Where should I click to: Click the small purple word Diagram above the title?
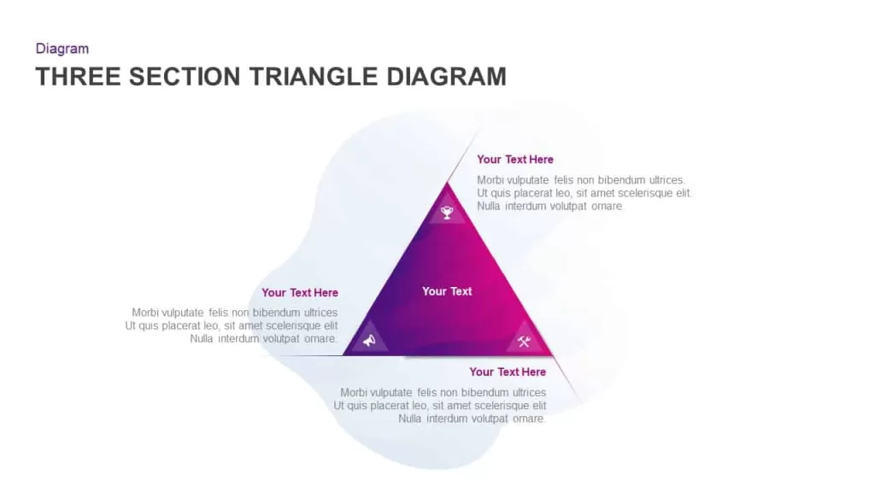coord(62,49)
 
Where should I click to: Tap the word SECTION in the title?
coord(185,76)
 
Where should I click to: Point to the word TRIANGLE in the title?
coord(314,76)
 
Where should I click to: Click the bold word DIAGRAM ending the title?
coord(446,76)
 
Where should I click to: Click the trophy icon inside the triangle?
coord(447,213)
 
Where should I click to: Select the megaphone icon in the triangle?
coord(369,340)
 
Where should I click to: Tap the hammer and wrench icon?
coord(524,342)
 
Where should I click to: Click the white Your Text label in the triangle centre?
coord(447,291)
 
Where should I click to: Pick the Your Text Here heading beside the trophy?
coord(515,160)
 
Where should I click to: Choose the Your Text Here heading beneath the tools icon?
coord(508,372)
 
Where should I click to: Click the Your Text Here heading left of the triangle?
coord(300,293)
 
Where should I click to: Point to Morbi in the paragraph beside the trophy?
coord(490,180)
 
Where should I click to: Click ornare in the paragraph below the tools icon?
coord(528,419)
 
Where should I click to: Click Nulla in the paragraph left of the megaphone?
coord(202,338)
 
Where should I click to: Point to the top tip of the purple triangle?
coord(447,182)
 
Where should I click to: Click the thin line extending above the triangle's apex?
coord(463,156)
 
